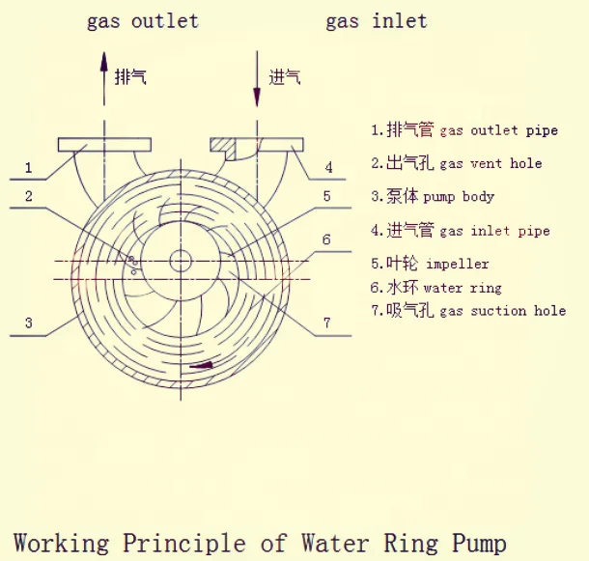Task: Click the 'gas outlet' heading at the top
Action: tap(142, 20)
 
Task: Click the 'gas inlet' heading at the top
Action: tap(376, 20)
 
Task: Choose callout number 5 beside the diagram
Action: tap(327, 196)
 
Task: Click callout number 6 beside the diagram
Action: tap(327, 239)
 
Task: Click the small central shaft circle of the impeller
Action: tap(180, 261)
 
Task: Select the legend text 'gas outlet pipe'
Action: tap(498, 130)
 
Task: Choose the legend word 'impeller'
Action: tap(457, 264)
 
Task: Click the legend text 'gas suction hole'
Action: tap(502, 311)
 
